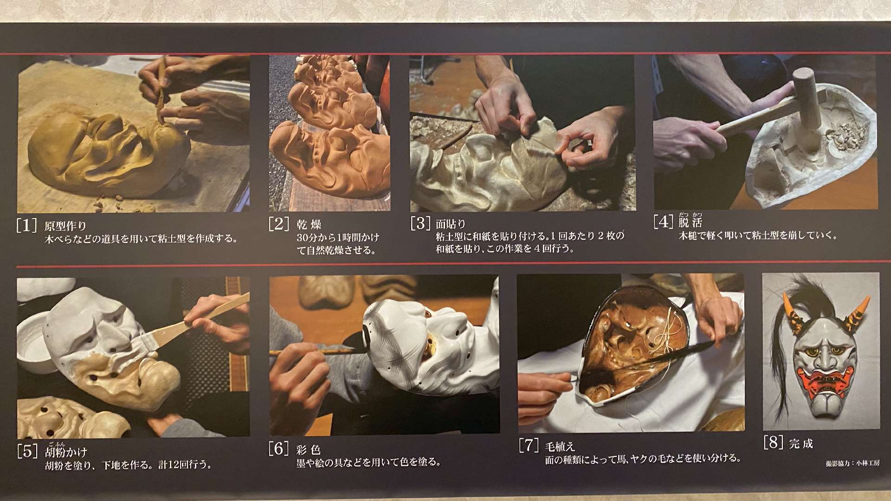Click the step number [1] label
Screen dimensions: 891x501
pyautogui.click(x=26, y=225)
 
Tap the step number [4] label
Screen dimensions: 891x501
pyautogui.click(x=663, y=221)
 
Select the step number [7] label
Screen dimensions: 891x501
pyautogui.click(x=529, y=445)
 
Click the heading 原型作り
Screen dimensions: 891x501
pyautogui.click(x=65, y=226)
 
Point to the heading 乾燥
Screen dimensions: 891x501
pyautogui.click(x=309, y=225)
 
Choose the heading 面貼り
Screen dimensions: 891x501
pyautogui.click(x=451, y=224)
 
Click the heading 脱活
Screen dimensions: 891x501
pyautogui.click(x=691, y=222)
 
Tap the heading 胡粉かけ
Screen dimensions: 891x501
pyautogui.click(x=66, y=451)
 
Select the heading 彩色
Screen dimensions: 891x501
pyautogui.click(x=308, y=450)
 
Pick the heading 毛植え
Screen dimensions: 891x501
pyautogui.click(x=560, y=446)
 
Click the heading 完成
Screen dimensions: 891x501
pyautogui.click(x=801, y=443)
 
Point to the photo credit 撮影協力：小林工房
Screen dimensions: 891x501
pyautogui.click(x=852, y=463)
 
